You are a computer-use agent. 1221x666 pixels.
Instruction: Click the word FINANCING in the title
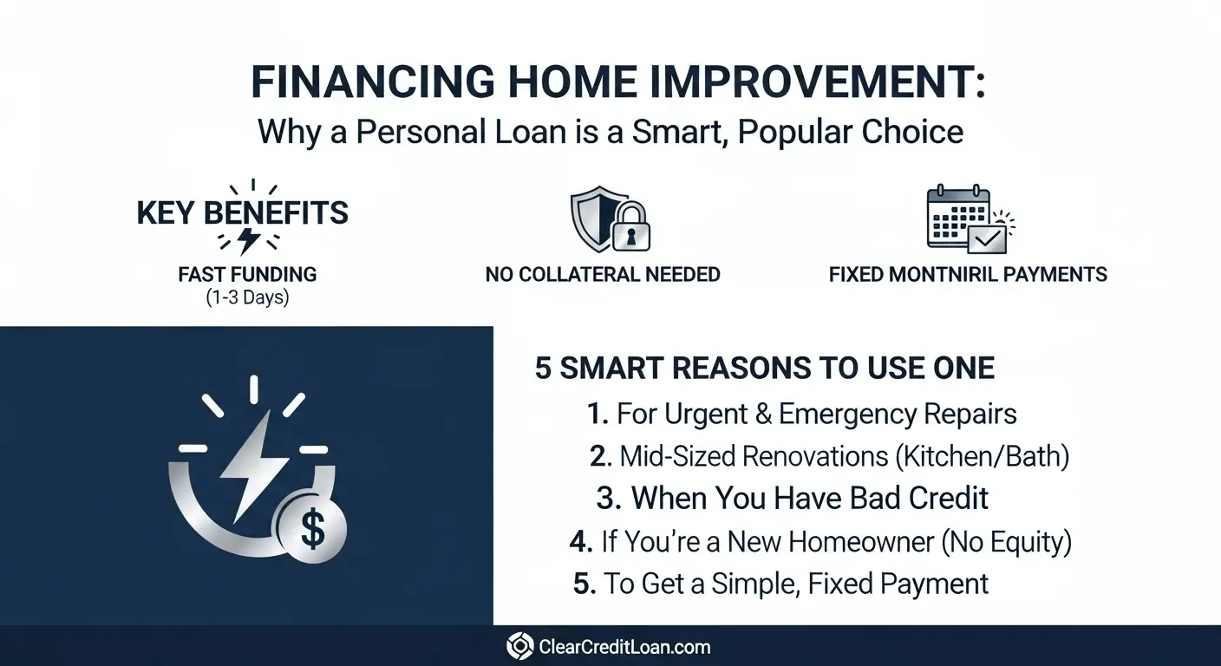373,82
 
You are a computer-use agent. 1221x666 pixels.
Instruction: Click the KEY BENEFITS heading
243,212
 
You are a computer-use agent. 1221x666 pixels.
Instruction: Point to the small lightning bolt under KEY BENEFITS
248,240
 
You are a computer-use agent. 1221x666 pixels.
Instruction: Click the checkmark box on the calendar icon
987,238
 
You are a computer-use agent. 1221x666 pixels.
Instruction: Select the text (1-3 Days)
247,297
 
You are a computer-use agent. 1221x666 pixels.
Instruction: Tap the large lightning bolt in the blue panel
255,465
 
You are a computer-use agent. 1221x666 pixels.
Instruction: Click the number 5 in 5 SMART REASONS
543,368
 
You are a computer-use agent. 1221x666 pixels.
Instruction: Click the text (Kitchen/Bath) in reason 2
983,456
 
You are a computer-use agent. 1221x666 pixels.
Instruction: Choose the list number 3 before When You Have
609,498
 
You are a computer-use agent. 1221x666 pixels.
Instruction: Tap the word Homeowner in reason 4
830,541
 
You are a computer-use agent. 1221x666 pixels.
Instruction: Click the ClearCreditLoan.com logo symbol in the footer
520,646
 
